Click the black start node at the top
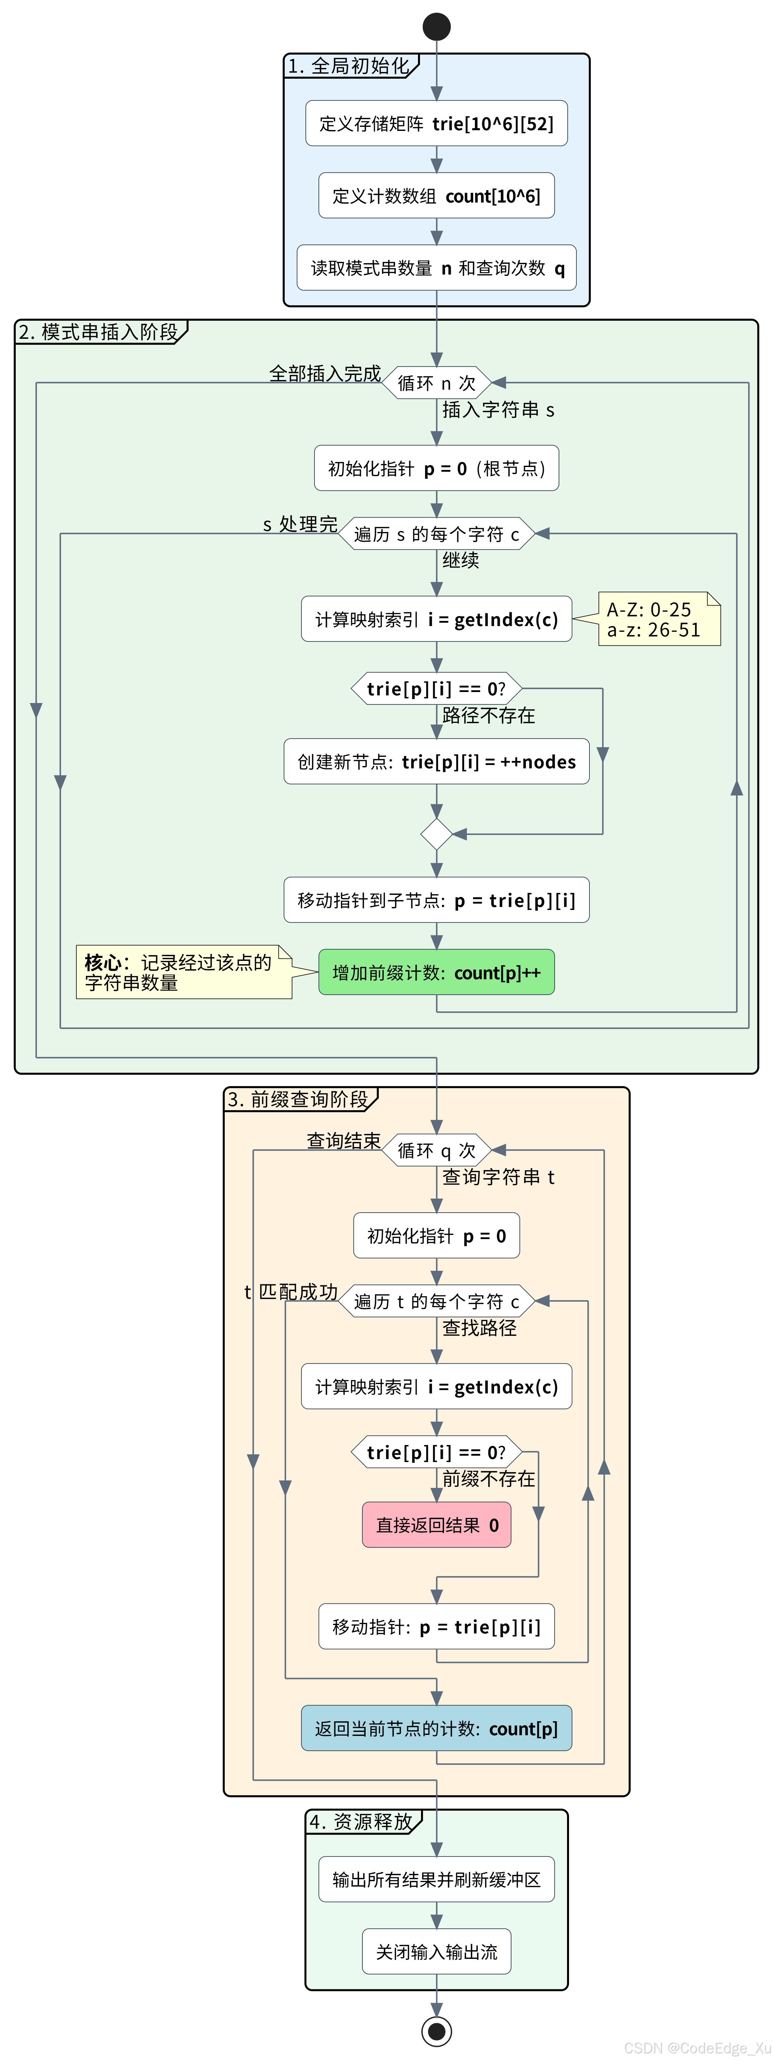436,26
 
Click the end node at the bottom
436,2031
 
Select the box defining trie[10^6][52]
436,123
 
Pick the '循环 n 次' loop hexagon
436,383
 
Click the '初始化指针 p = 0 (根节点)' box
436,468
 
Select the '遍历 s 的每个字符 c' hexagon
436,534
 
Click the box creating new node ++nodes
436,762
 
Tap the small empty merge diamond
436,834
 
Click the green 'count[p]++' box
436,972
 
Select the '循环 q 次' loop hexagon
436,1150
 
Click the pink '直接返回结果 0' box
436,1525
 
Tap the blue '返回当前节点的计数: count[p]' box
436,1728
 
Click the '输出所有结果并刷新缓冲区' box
436,1880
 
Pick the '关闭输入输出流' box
436,1952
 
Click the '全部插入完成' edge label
325,374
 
